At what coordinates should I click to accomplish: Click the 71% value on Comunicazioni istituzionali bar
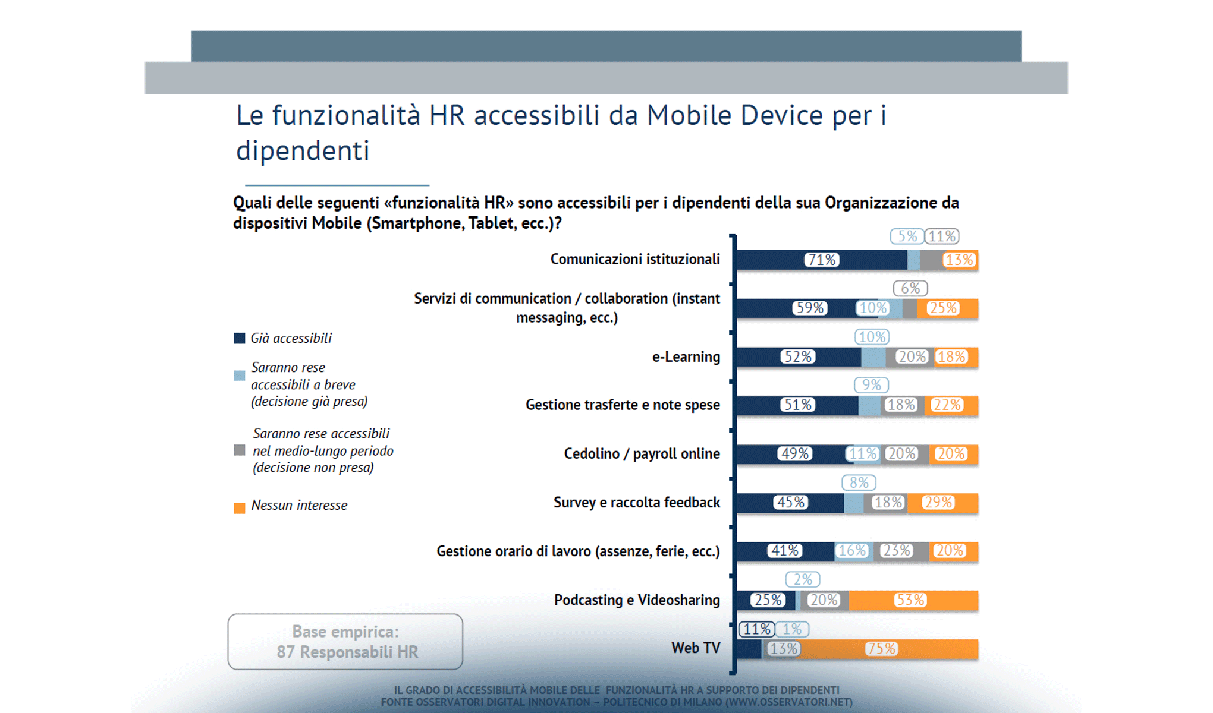pos(822,260)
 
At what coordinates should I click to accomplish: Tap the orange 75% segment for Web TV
pos(881,649)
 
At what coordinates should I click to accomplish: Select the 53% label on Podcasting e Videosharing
pos(910,600)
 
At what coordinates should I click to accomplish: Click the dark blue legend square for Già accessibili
pos(240,338)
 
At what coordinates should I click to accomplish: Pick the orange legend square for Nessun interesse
pos(240,508)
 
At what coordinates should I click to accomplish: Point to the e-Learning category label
pos(686,356)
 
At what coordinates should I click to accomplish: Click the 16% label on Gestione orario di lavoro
pos(852,551)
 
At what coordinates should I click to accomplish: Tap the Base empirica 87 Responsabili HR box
pos(345,642)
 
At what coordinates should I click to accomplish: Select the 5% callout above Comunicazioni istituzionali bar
pos(906,236)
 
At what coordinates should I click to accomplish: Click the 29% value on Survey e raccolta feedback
pos(938,502)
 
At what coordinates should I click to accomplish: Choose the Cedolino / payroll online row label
pos(642,453)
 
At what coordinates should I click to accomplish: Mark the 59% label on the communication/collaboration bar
pos(810,308)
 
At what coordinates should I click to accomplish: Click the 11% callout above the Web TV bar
pos(756,629)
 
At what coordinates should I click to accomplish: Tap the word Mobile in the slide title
pos(689,115)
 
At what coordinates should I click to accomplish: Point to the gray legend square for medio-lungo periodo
pos(240,450)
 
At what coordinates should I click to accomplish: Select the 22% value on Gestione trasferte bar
pos(946,405)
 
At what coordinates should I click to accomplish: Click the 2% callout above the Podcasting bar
pos(802,579)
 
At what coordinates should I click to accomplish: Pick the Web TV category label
pos(695,648)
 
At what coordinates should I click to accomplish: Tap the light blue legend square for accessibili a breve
pos(240,376)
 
